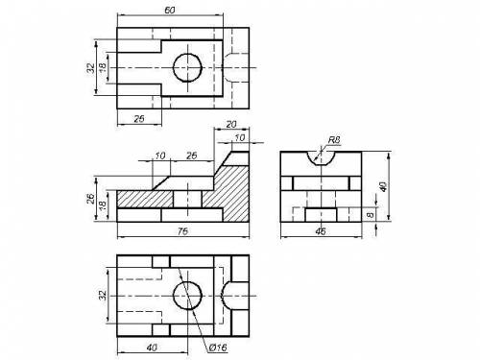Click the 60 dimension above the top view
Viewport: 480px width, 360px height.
click(x=170, y=11)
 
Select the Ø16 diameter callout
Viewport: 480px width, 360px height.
click(x=218, y=348)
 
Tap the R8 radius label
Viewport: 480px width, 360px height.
click(x=334, y=140)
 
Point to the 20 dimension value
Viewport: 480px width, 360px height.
click(x=231, y=124)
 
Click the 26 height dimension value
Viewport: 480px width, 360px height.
click(x=90, y=199)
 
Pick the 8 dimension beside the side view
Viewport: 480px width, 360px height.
click(x=371, y=215)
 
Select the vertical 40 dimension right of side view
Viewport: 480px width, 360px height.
click(x=383, y=186)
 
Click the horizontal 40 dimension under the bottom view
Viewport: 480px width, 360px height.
click(x=152, y=347)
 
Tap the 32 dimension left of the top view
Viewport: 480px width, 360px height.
click(x=91, y=68)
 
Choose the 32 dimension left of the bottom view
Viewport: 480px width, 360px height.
click(x=103, y=295)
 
